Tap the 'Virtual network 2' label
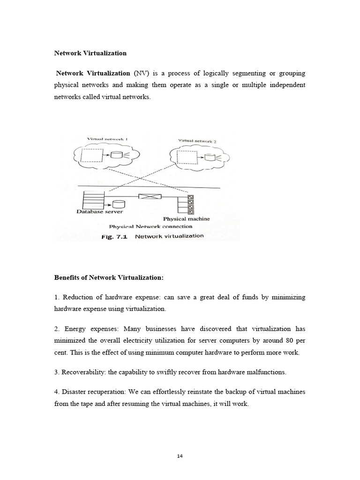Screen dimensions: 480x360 pyautogui.click(x=197, y=141)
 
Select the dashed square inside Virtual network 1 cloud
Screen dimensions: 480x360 pyautogui.click(x=92, y=156)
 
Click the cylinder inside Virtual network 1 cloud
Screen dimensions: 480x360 pyautogui.click(x=116, y=155)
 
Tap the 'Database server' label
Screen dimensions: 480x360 pyautogui.click(x=99, y=212)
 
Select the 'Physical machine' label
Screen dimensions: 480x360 pyautogui.click(x=186, y=219)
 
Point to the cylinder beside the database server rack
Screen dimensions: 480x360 pyautogui.click(x=119, y=204)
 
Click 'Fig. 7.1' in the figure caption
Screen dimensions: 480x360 pyautogui.click(x=115, y=237)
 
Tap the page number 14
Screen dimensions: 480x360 pyautogui.click(x=180, y=456)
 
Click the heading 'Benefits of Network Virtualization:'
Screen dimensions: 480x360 pyautogui.click(x=109, y=278)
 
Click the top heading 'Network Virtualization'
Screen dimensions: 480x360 pyautogui.click(x=90, y=53)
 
